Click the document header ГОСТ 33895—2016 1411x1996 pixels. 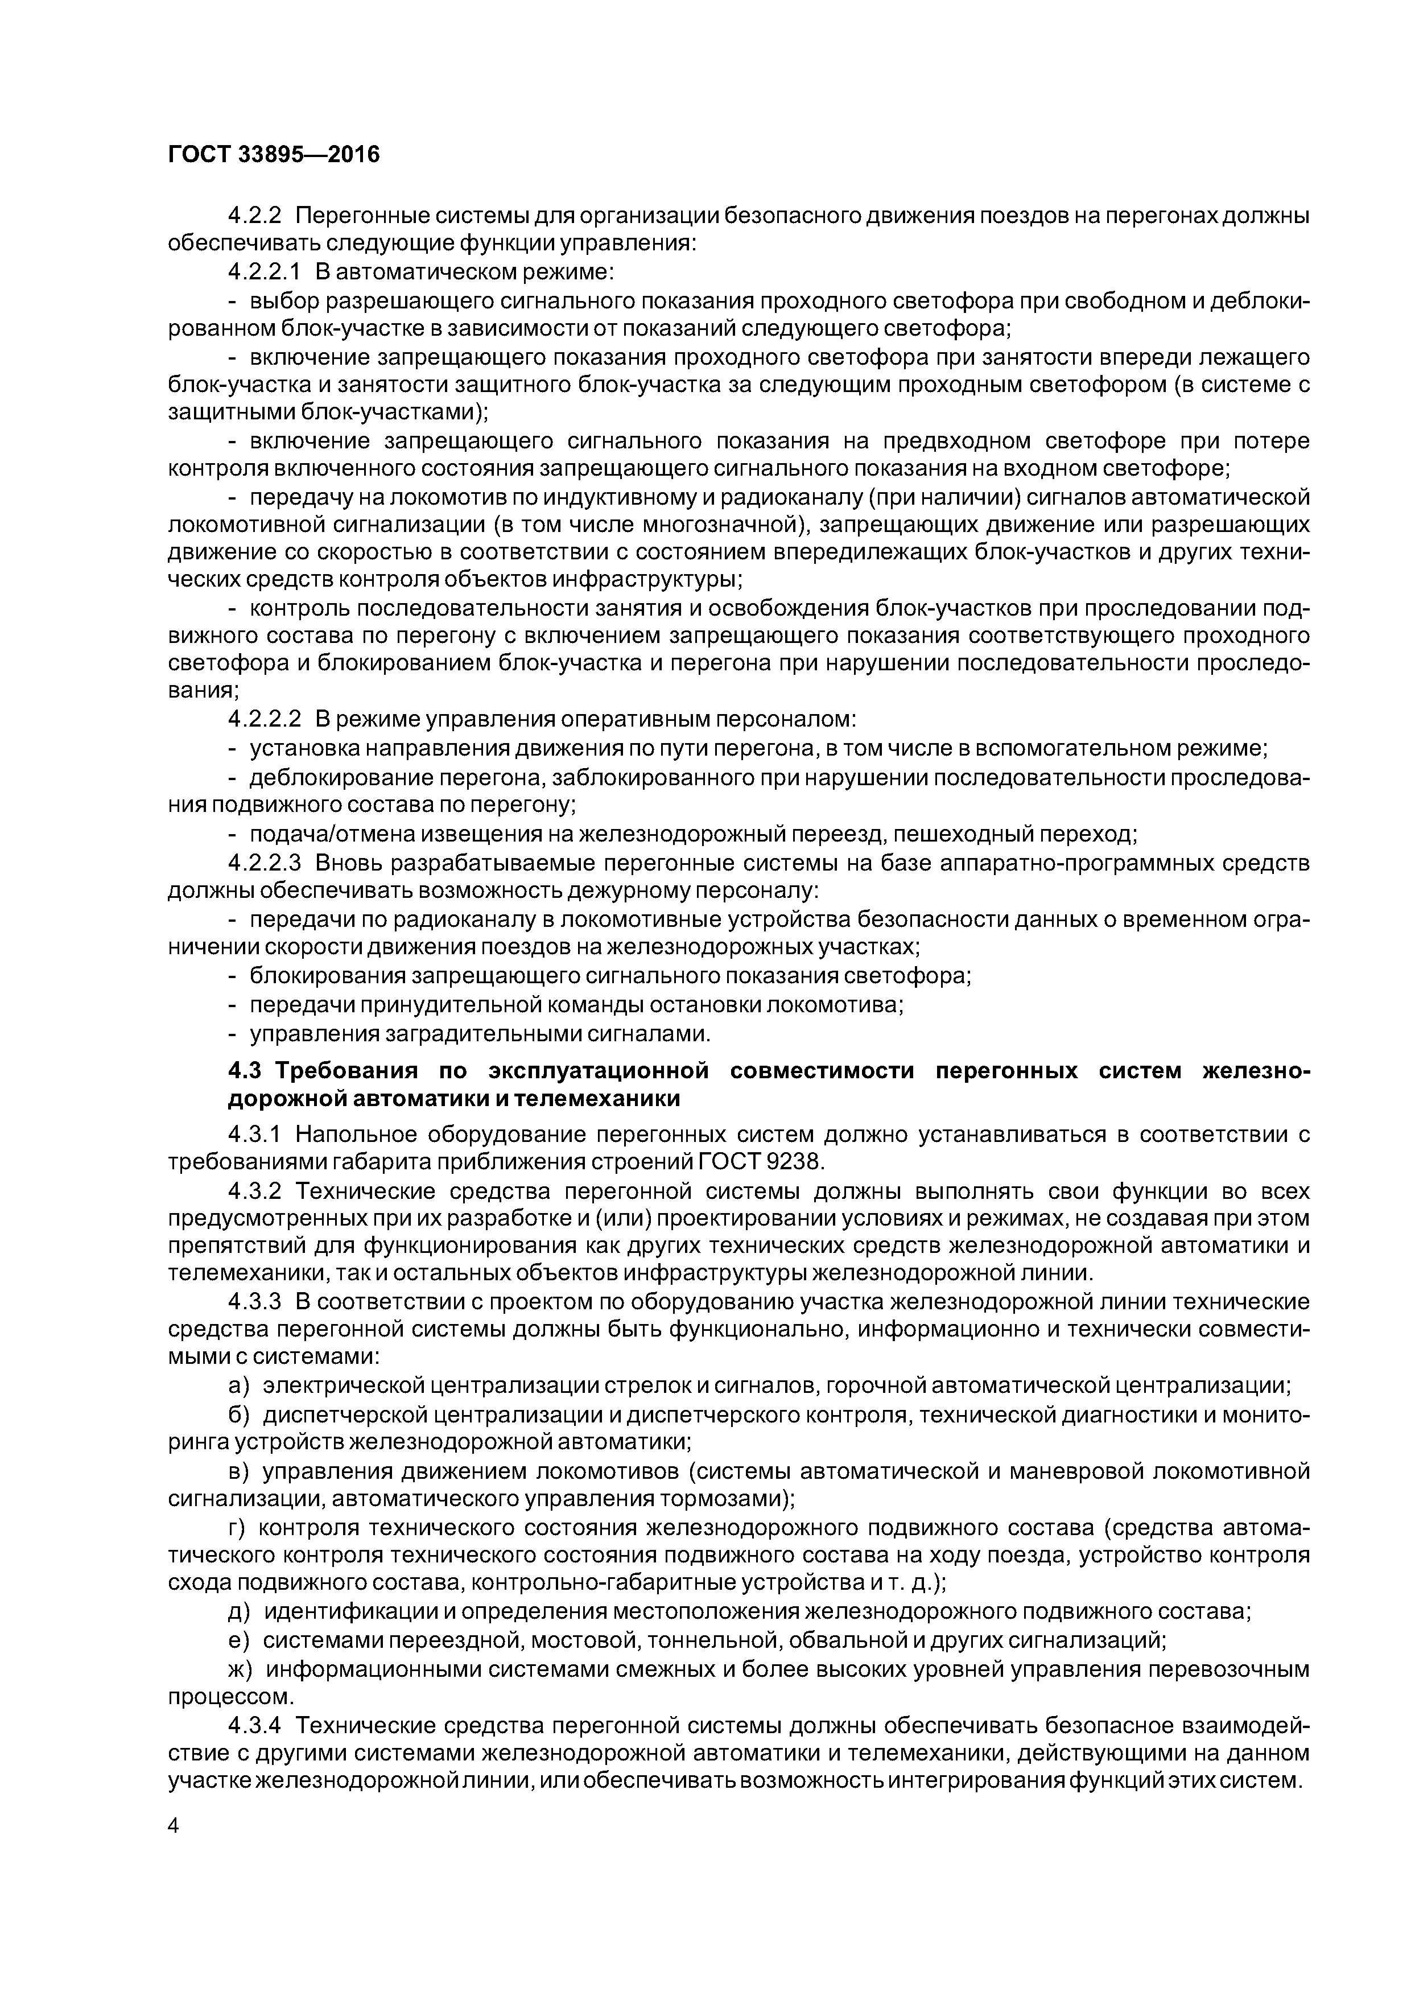click(274, 155)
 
